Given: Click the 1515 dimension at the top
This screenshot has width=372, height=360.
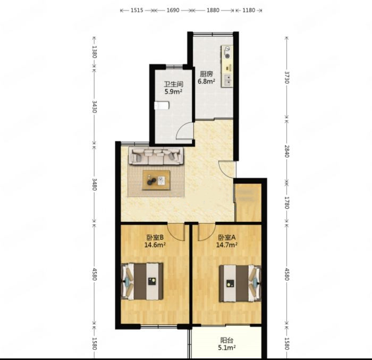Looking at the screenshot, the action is pos(137,10).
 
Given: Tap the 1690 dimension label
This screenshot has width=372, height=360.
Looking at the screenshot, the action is pos(173,10).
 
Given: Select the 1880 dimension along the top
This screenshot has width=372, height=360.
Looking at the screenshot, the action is pos(213,10).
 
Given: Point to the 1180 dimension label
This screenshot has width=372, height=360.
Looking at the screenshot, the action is pos(249,10).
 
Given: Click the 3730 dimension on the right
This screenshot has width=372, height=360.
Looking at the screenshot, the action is pos(287,78).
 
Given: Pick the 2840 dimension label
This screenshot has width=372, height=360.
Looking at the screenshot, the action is pos(287,151).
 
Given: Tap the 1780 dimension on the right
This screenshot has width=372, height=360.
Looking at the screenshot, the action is pos(287,203).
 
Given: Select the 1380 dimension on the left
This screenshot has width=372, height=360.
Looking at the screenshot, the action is pos(94,52).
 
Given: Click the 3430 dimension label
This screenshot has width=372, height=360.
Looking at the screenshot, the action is pos(94,107).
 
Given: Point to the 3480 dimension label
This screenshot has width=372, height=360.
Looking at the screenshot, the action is pos(94,185).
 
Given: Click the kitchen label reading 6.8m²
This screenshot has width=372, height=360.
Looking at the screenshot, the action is pos(206,81).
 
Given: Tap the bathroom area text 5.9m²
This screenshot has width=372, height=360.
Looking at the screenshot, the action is pos(173,91).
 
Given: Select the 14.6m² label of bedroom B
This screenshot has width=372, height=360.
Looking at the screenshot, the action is pos(155,245).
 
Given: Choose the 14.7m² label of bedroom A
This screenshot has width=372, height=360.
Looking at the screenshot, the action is pos(226,245).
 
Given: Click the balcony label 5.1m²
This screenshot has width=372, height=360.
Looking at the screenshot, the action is pos(227,348).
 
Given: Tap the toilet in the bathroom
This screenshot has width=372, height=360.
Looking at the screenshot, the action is pos(162,106).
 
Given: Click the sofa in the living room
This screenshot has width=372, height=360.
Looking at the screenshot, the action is pos(156,156).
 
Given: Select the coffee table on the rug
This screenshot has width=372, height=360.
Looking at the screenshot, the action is pos(156,180).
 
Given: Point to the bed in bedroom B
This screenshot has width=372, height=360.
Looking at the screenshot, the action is pos(142,281).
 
